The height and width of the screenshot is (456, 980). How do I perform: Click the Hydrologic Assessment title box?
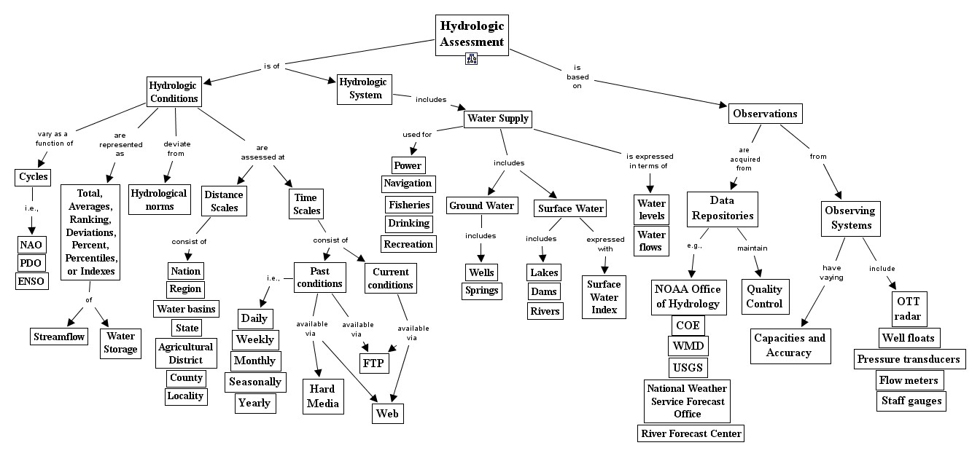[x=472, y=35]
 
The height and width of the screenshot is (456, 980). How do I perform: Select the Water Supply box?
[x=498, y=119]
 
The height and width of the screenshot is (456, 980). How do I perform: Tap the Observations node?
[x=765, y=114]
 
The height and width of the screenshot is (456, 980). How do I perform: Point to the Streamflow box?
[x=60, y=337]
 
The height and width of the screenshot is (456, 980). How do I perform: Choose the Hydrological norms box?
[x=162, y=200]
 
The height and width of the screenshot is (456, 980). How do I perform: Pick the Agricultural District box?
[x=185, y=354]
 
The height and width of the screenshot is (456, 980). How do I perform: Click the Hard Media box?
[x=322, y=396]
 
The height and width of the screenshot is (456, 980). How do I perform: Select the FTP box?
[x=373, y=363]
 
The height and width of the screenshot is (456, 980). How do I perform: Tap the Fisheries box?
[x=409, y=205]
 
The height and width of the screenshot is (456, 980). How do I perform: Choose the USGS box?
[x=688, y=367]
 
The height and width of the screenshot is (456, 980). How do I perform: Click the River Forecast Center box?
[x=690, y=434]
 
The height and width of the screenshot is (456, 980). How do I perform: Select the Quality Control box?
[x=764, y=296]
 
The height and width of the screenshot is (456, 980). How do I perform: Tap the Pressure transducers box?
[x=909, y=359]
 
